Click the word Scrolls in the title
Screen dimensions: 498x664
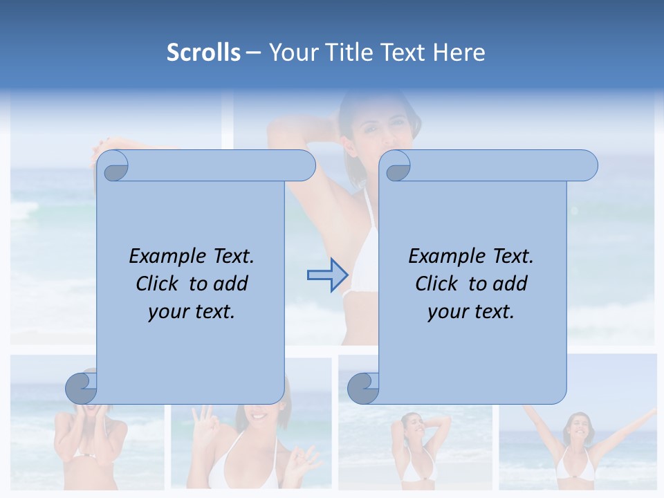(x=203, y=53)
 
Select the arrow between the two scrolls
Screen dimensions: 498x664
(x=327, y=276)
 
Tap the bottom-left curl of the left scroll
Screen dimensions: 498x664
(x=81, y=388)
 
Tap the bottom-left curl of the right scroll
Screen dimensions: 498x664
(x=363, y=388)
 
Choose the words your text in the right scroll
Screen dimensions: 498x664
(x=471, y=312)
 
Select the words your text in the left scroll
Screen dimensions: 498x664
(x=192, y=312)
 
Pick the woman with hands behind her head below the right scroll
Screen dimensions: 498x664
(x=413, y=443)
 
